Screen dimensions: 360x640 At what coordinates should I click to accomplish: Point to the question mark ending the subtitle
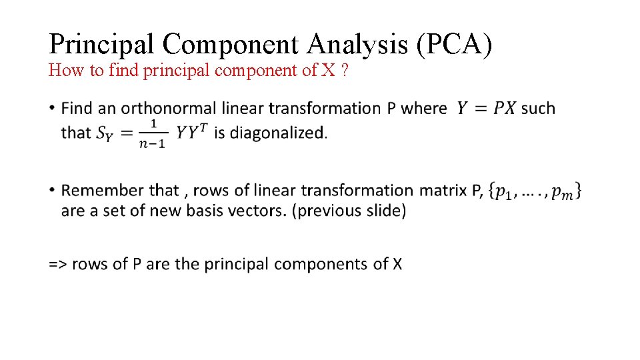343,70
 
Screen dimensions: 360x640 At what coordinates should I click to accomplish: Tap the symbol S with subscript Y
105,133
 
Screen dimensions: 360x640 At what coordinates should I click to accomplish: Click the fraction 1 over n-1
153,133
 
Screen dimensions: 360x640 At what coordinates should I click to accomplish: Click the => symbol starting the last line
57,264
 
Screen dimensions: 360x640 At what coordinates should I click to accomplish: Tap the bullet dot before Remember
52,191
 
